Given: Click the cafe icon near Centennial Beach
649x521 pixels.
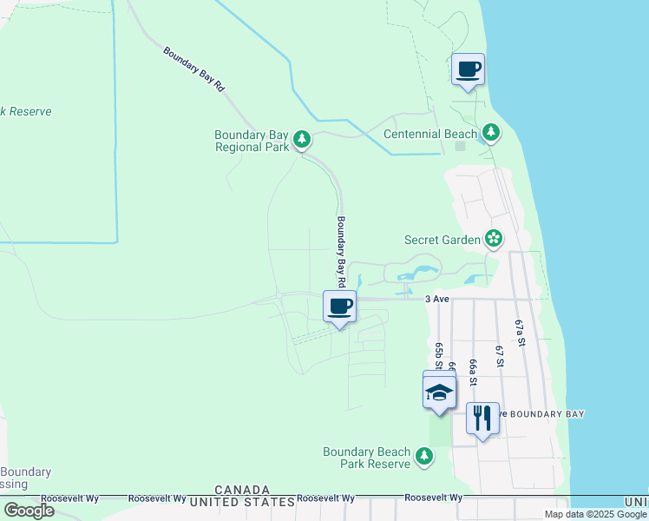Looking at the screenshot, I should coord(468,69).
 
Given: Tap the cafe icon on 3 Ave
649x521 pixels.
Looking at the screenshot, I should coord(339,307).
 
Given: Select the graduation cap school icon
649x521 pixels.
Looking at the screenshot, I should coord(439,392).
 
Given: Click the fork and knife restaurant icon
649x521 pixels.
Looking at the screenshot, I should coord(482,418).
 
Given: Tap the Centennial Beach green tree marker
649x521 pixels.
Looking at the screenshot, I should coord(492,133).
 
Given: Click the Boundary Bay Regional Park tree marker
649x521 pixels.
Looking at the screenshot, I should coord(302,140).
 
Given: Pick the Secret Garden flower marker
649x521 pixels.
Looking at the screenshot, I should coord(494,239).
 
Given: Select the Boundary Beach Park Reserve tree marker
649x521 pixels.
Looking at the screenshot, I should coord(424,456).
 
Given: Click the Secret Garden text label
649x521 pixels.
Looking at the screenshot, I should coord(442,240).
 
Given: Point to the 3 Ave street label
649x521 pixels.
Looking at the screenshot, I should coord(436,299).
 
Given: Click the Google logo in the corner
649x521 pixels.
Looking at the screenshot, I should coord(29,511).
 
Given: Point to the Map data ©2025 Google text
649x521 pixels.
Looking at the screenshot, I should coord(596,514).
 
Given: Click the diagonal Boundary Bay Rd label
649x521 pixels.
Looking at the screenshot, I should coord(194,69).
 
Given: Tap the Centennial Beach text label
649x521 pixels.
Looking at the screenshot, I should coord(431,134).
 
